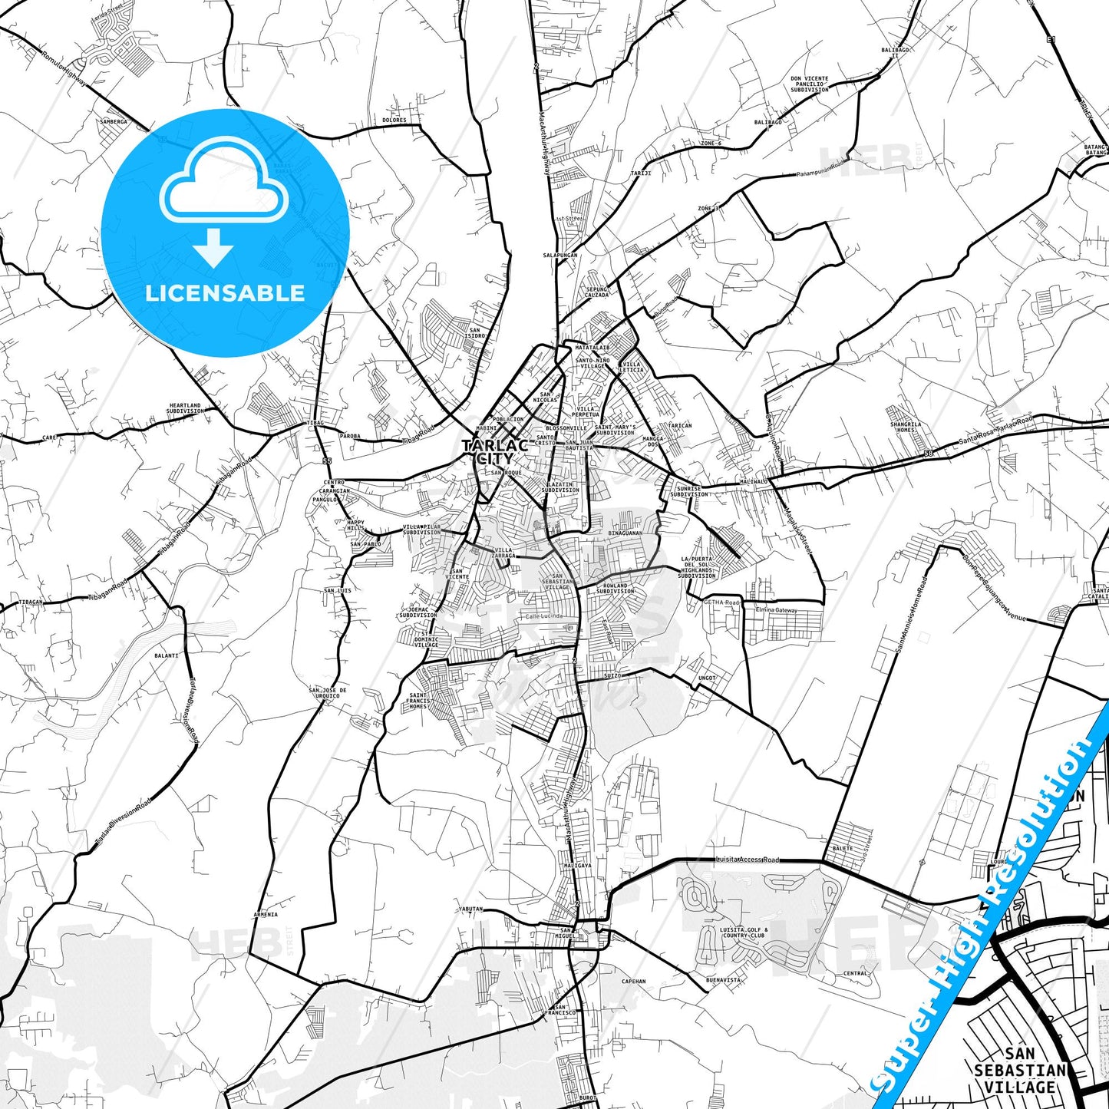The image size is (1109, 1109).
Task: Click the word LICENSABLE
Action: (x=225, y=293)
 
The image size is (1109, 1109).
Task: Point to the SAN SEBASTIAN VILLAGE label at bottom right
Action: (x=1020, y=1071)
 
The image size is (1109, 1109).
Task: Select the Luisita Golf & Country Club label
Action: (x=743, y=932)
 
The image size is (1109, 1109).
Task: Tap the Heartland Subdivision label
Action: (x=185, y=408)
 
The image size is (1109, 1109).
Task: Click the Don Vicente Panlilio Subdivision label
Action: (x=810, y=84)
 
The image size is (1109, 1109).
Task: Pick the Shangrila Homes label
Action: (x=906, y=427)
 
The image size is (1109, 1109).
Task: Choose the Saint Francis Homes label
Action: (x=418, y=700)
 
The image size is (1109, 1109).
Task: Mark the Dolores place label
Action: (x=394, y=120)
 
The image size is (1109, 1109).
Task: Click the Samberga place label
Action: (x=114, y=122)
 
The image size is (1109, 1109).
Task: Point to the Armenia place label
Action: (x=266, y=915)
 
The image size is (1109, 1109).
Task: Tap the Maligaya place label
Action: (x=577, y=866)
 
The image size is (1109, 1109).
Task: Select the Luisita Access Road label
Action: (x=746, y=860)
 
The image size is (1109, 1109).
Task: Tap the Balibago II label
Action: (x=895, y=53)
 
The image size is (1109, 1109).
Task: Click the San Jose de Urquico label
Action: (x=328, y=692)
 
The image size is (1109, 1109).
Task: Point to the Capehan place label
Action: (x=633, y=982)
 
